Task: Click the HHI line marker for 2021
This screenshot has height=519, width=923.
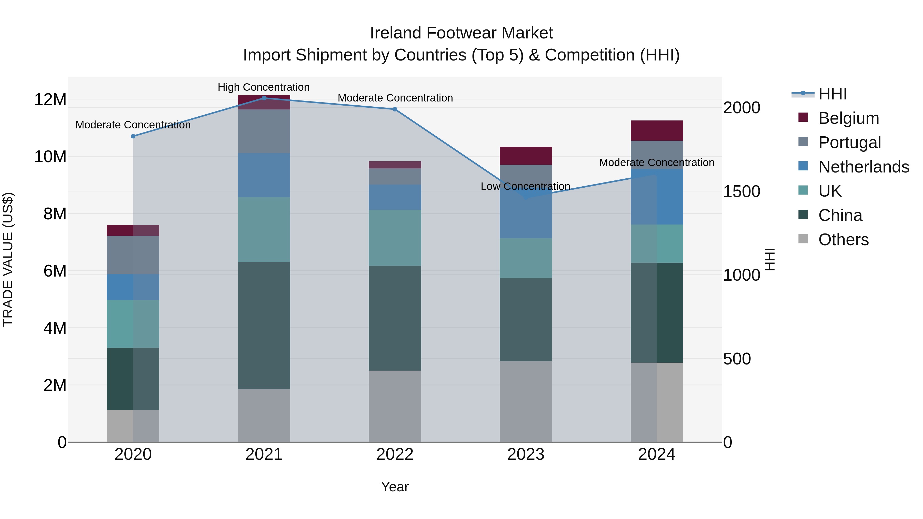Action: pos(264,98)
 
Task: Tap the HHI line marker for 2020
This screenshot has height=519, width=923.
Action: pos(133,136)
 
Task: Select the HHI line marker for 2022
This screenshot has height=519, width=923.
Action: pos(395,109)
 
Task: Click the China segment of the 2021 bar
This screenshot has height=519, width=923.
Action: pos(264,325)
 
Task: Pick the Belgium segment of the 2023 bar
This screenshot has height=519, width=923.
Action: pos(526,156)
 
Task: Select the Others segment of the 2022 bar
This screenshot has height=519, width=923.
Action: pos(395,406)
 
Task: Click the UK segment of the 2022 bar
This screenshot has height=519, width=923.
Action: pos(395,238)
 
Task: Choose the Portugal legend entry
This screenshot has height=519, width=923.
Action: pos(849,143)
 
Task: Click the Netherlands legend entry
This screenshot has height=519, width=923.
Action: pos(863,167)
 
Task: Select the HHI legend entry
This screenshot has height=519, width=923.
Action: pos(832,94)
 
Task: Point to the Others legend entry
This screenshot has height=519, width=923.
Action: pos(843,240)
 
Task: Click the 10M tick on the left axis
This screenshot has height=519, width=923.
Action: pos(50,157)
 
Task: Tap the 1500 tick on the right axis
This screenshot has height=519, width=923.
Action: pos(741,192)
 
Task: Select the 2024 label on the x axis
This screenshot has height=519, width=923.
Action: pos(656,454)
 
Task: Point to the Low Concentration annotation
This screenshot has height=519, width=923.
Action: pos(525,186)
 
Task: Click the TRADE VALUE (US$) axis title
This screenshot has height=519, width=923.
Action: pos(8,259)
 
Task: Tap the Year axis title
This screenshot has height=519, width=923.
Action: pos(395,487)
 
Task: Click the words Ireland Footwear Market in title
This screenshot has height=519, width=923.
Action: pos(461,33)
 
